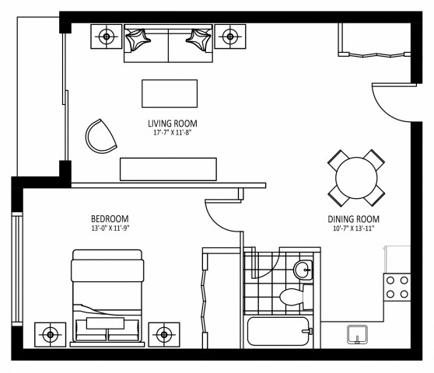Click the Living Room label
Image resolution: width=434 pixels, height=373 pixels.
coord(172,123)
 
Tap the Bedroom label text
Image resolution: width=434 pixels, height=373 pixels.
coord(109,218)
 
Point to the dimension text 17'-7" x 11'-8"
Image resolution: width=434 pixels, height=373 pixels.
coord(172,132)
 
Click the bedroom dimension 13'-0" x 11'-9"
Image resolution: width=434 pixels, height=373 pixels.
coord(109,228)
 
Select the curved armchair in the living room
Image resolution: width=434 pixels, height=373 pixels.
coord(101,136)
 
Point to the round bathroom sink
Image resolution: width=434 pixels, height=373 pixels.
coord(303,270)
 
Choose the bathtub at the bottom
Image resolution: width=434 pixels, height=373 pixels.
coord(277,333)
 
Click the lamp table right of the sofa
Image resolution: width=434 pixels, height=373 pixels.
coord(229,36)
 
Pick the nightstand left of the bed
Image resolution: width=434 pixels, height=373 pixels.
coord(51,334)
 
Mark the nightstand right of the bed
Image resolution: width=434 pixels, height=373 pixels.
coord(163,334)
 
